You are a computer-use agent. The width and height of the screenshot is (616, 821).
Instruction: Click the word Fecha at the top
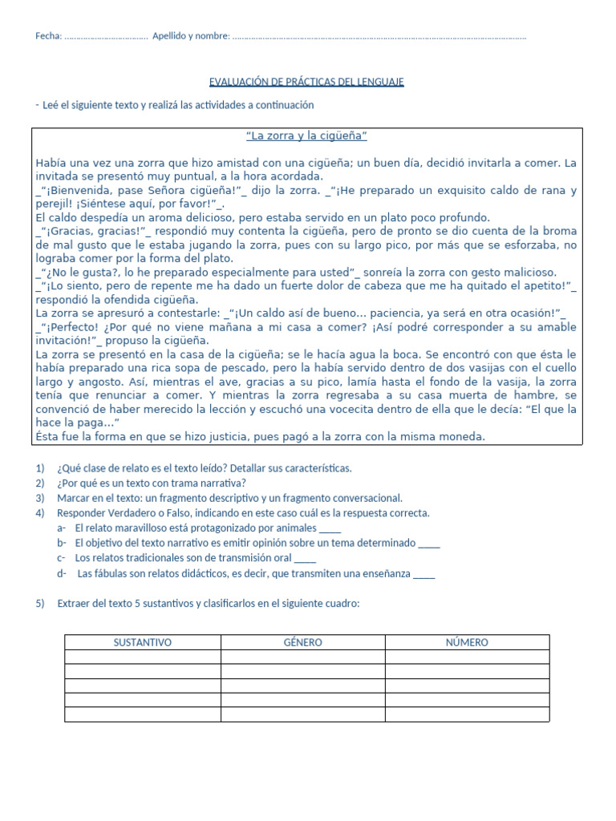[48, 36]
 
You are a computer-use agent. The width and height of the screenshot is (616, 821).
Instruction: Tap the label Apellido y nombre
[190, 36]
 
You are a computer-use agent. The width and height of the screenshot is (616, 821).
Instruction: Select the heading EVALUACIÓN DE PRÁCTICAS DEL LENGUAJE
[306, 82]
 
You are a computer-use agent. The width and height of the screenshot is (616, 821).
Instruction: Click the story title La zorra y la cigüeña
[306, 135]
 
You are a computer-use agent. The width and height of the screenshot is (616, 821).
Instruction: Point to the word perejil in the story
[54, 204]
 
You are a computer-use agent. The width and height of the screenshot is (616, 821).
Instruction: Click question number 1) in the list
[41, 468]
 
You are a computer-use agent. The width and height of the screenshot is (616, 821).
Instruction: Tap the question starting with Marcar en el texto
[229, 498]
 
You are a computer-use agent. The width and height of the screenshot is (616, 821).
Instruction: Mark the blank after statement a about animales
[330, 528]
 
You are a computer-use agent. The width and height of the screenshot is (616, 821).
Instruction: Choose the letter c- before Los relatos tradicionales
[62, 559]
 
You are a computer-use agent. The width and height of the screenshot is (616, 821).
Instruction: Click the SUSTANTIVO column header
[143, 642]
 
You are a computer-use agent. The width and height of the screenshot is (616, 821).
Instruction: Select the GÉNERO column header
[303, 642]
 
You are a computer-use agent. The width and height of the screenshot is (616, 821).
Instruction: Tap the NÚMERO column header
[467, 642]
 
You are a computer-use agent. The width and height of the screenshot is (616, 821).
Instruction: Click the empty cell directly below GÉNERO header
[303, 657]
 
